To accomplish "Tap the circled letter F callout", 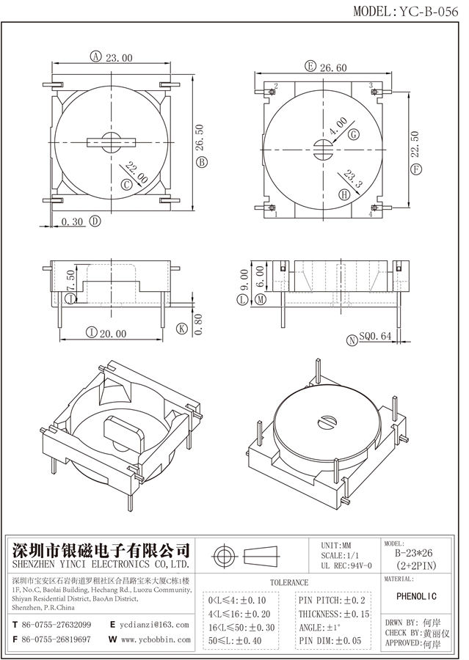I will point(417,169).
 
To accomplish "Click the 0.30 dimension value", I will point(72,221).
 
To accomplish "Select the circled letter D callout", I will point(95,221).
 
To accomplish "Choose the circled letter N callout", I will point(353,339).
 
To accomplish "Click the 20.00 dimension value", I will point(112,333).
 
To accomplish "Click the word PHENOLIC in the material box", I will point(421,595).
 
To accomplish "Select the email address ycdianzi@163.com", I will point(154,625).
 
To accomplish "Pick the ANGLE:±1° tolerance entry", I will point(319,628).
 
